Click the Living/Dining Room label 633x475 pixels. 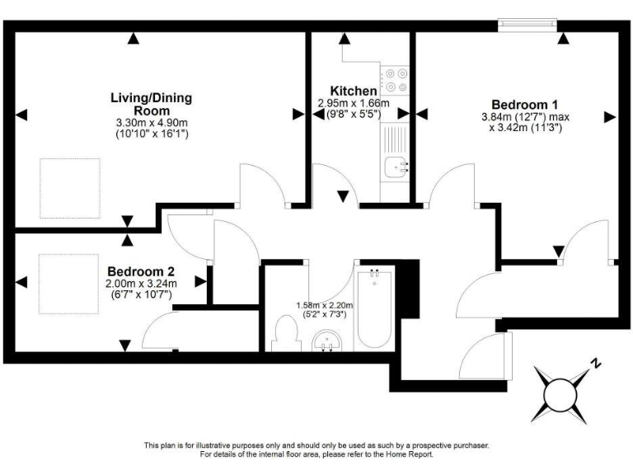point(151,104)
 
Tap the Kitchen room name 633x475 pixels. point(354,91)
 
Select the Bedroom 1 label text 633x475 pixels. point(525,105)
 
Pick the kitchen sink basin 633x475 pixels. point(397,168)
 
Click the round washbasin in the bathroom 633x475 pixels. point(330,341)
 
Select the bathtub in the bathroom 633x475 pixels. point(376,309)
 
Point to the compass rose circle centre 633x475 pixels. point(560,391)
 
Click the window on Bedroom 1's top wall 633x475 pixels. point(527,26)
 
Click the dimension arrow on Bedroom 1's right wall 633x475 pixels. point(610,116)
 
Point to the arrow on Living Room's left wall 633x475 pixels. point(21,114)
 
